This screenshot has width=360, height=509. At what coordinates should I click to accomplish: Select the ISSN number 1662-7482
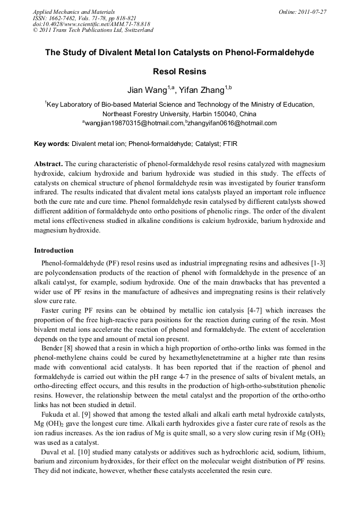click(59, 18)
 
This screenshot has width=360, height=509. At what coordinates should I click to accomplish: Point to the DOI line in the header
click(91, 24)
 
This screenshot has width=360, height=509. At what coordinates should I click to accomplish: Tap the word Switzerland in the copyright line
click(136, 30)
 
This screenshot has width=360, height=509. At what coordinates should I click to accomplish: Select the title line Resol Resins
click(179, 71)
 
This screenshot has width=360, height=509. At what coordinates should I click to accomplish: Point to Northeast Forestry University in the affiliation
click(144, 114)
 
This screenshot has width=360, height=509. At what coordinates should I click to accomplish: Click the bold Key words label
click(52, 144)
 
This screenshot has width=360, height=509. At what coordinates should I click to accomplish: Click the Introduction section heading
click(54, 250)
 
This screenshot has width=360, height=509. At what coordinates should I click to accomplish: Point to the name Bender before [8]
click(52, 348)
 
